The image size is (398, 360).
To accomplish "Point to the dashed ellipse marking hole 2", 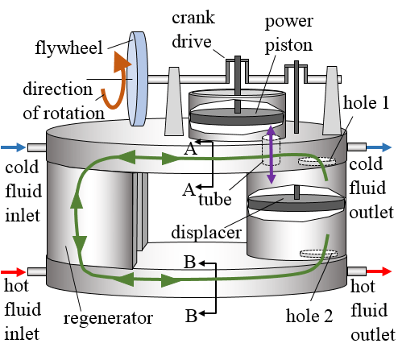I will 318,254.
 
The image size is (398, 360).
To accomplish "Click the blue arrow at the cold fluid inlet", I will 14,147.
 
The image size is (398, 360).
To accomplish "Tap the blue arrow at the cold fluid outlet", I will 383,147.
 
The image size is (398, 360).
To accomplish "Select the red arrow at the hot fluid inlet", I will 14,272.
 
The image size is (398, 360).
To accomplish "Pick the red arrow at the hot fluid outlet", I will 383,272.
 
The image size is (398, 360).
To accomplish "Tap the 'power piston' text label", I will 288,30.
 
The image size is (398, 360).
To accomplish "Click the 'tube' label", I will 214,200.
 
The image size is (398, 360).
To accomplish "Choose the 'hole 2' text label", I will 309,317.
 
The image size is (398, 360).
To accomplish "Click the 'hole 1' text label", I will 365,106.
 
